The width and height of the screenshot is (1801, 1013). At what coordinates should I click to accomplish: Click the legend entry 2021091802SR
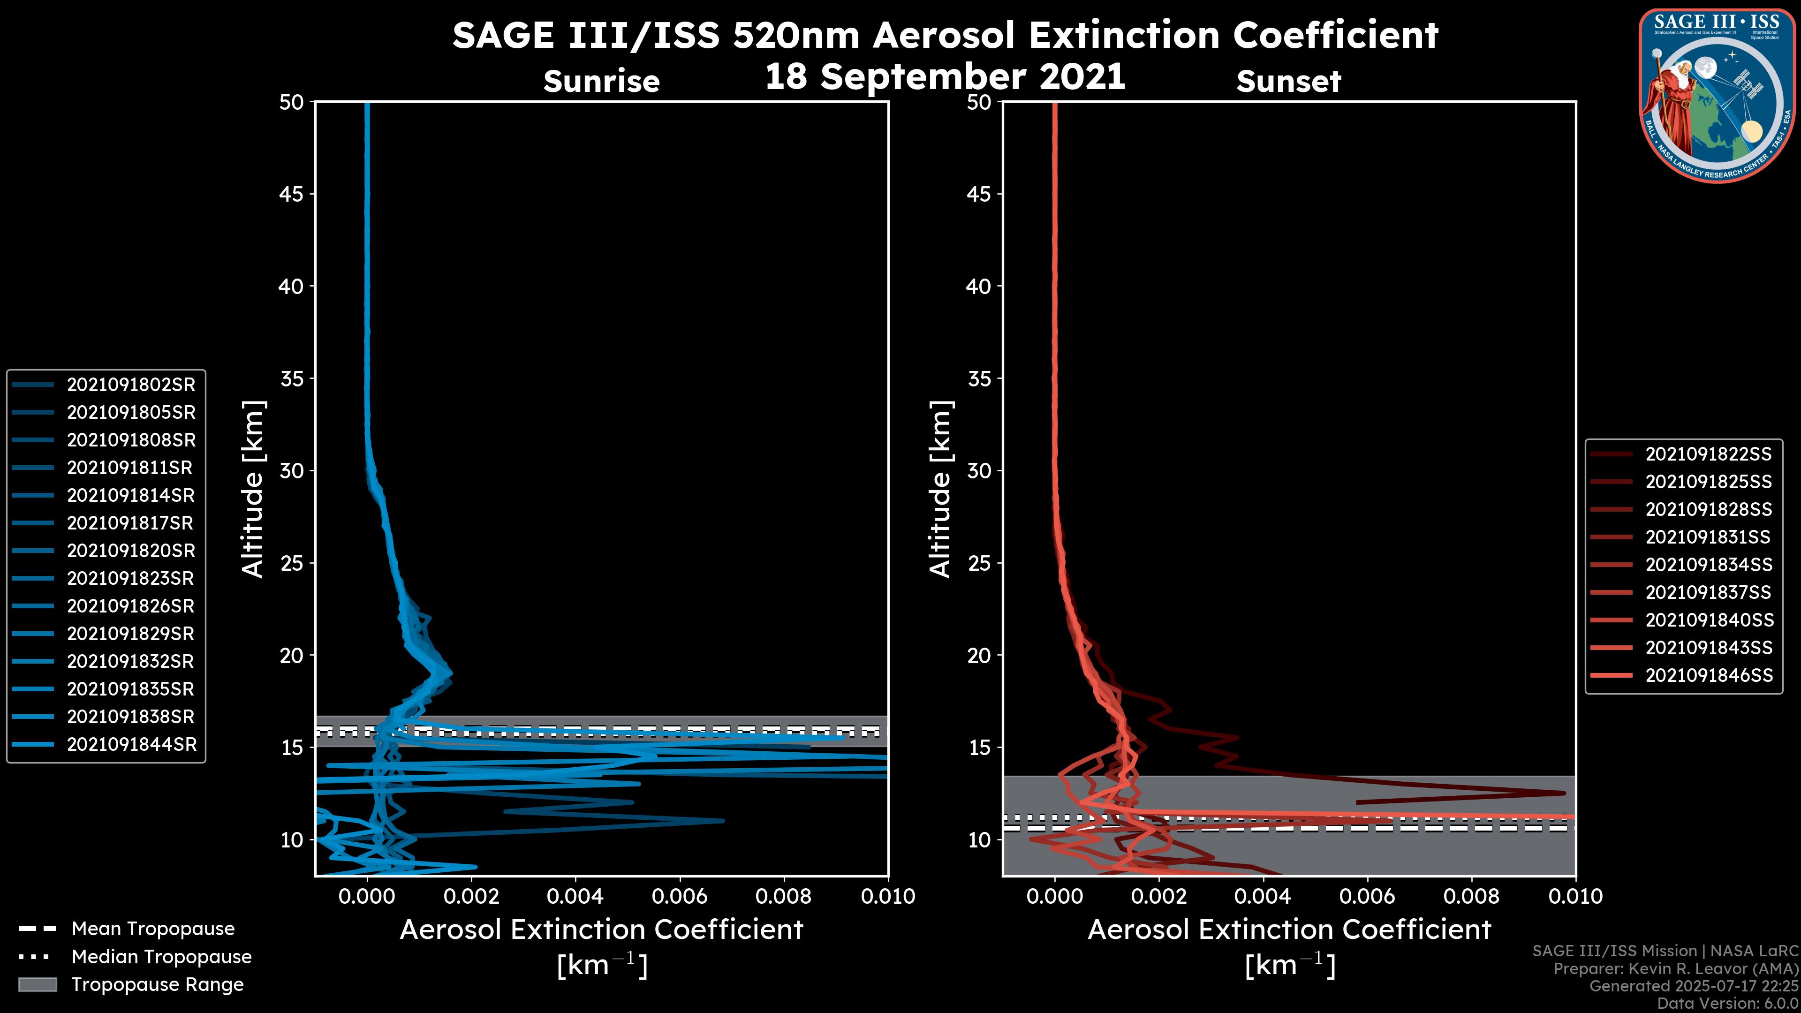point(131,385)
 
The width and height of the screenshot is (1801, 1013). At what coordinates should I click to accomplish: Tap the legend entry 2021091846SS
point(1708,675)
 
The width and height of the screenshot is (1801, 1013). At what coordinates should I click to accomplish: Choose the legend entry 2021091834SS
point(1708,565)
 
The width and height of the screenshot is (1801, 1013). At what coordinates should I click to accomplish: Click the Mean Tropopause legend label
point(152,929)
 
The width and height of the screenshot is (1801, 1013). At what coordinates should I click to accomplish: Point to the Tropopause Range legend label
point(157,984)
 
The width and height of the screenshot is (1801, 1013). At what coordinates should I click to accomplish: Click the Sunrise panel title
point(601,82)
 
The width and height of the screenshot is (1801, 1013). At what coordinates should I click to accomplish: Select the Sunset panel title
point(1288,82)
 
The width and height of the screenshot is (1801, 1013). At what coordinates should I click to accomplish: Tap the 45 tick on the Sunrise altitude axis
point(292,194)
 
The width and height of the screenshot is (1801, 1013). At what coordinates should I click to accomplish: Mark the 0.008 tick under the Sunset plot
point(1472,896)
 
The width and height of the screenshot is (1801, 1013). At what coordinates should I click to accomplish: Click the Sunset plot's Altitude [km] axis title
point(941,489)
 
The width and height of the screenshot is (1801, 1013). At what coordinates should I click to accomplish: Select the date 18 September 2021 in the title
point(945,76)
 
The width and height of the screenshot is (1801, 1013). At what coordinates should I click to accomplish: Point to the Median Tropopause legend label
point(161,956)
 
